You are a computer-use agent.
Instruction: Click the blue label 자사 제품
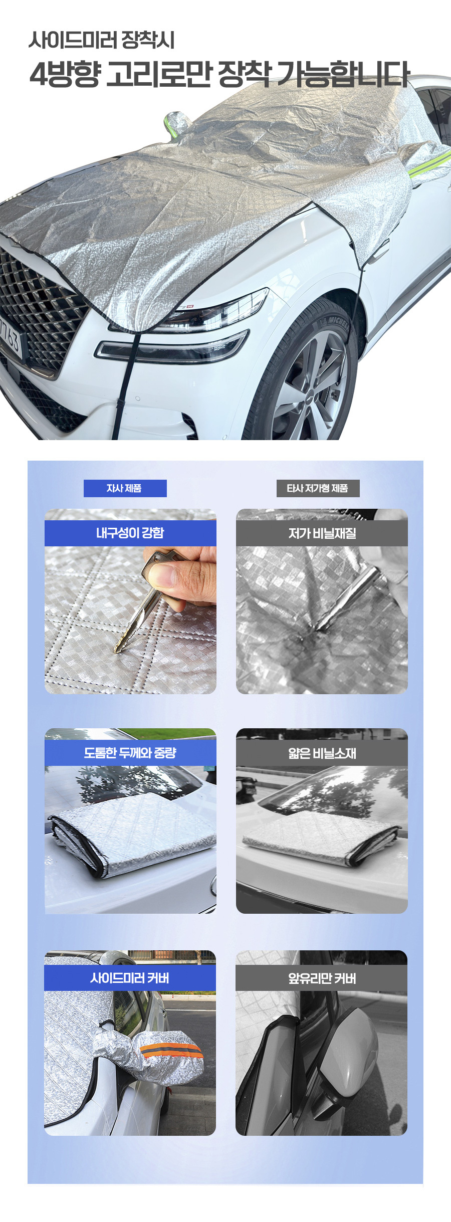[x=125, y=488]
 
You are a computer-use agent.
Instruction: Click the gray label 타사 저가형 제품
[x=318, y=488]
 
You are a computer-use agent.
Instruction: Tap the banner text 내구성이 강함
[x=130, y=533]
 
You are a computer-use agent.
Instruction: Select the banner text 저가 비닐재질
[x=322, y=533]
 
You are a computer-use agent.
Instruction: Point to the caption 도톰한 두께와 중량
[x=130, y=753]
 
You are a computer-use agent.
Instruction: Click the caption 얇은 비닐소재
[x=322, y=753]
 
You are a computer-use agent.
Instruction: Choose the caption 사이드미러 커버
[x=130, y=978]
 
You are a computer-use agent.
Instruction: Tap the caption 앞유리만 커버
[x=322, y=978]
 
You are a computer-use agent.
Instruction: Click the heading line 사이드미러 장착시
[x=102, y=40]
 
